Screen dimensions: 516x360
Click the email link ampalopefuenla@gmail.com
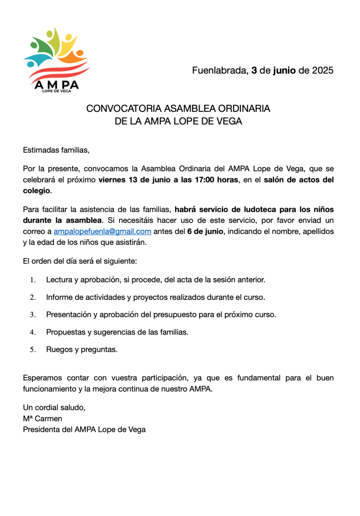[102, 231]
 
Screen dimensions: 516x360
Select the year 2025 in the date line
[323, 71]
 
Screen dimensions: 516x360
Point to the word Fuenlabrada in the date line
[219, 71]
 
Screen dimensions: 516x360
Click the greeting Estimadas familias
[56, 150]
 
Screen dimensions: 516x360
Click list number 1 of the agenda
[33, 280]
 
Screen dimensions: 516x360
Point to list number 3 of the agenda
[33, 315]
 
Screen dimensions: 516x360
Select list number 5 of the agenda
[33, 350]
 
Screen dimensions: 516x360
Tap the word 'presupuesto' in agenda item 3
[202, 314]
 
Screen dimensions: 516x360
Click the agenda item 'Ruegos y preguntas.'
[82, 349]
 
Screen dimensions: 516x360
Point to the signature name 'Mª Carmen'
[42, 418]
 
